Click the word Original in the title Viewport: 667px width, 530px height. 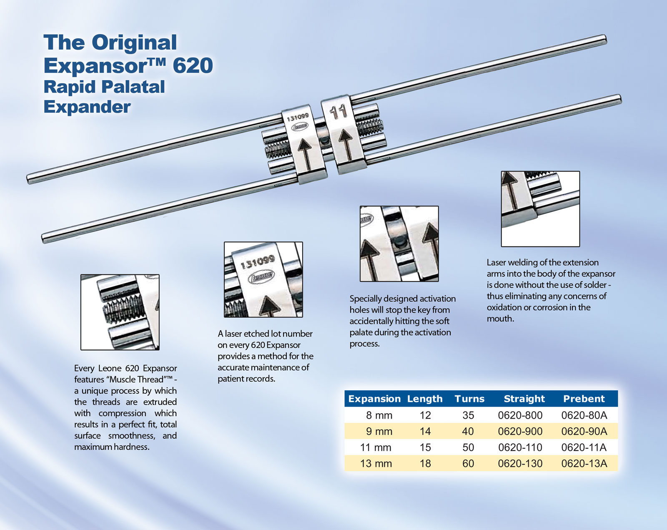click(x=134, y=43)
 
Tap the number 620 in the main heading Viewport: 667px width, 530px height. click(x=193, y=66)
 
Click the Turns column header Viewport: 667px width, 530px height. click(x=469, y=399)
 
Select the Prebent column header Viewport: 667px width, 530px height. click(x=584, y=399)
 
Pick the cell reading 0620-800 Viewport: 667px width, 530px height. click(x=520, y=415)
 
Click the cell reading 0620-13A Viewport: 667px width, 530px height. click(x=584, y=463)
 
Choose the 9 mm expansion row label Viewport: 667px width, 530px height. click(x=379, y=431)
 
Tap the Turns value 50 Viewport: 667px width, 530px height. click(x=468, y=447)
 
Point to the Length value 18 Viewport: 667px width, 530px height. click(x=425, y=463)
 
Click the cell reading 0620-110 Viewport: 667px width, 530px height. click(x=520, y=447)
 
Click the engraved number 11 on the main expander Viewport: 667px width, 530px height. click(x=338, y=112)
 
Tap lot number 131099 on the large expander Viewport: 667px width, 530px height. click(x=298, y=117)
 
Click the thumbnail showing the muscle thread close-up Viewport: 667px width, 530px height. click(x=120, y=312)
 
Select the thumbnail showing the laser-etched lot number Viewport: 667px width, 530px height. click(x=263, y=279)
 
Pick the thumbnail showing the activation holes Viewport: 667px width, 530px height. click(x=399, y=244)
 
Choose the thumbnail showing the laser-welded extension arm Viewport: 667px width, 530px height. click(x=540, y=208)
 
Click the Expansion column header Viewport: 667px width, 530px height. click(x=374, y=399)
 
